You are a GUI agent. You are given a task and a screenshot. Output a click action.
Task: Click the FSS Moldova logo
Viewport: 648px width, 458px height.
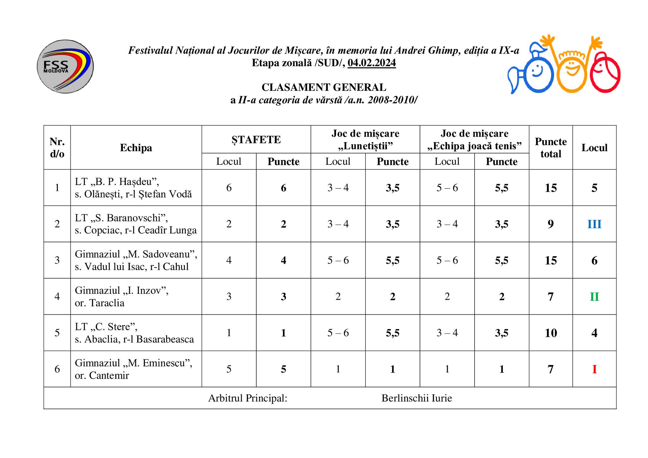(65, 66)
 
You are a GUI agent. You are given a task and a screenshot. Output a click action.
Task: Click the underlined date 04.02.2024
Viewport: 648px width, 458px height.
(371, 63)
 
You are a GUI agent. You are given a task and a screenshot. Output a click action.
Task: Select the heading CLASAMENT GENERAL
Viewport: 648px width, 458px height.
(324, 87)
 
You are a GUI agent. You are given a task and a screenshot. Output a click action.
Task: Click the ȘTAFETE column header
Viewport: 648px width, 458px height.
(256, 139)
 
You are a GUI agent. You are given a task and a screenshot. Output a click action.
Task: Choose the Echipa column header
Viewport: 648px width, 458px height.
(136, 148)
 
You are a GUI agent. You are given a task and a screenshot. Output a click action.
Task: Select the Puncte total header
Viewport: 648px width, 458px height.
(551, 148)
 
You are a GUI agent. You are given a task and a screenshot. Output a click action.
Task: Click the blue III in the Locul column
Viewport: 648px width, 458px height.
(594, 224)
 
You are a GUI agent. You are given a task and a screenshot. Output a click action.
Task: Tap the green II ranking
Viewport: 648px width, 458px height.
(594, 297)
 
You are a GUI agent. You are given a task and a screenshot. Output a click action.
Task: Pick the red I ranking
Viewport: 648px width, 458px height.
(594, 369)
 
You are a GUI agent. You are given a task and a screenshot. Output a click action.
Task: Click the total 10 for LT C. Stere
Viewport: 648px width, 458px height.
(551, 333)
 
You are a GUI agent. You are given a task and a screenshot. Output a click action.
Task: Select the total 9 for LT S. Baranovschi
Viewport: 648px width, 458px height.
(551, 224)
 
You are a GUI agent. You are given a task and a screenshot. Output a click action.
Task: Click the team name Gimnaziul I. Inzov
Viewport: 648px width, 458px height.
(121, 290)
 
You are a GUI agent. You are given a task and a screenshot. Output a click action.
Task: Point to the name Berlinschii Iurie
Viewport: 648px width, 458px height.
(417, 398)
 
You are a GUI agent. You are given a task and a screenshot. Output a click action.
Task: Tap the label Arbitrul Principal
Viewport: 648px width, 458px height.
(247, 398)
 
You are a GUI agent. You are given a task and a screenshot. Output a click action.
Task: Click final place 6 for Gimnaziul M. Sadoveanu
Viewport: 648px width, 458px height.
(594, 261)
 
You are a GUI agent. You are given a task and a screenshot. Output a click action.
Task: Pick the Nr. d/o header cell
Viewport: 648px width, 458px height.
(57, 148)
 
